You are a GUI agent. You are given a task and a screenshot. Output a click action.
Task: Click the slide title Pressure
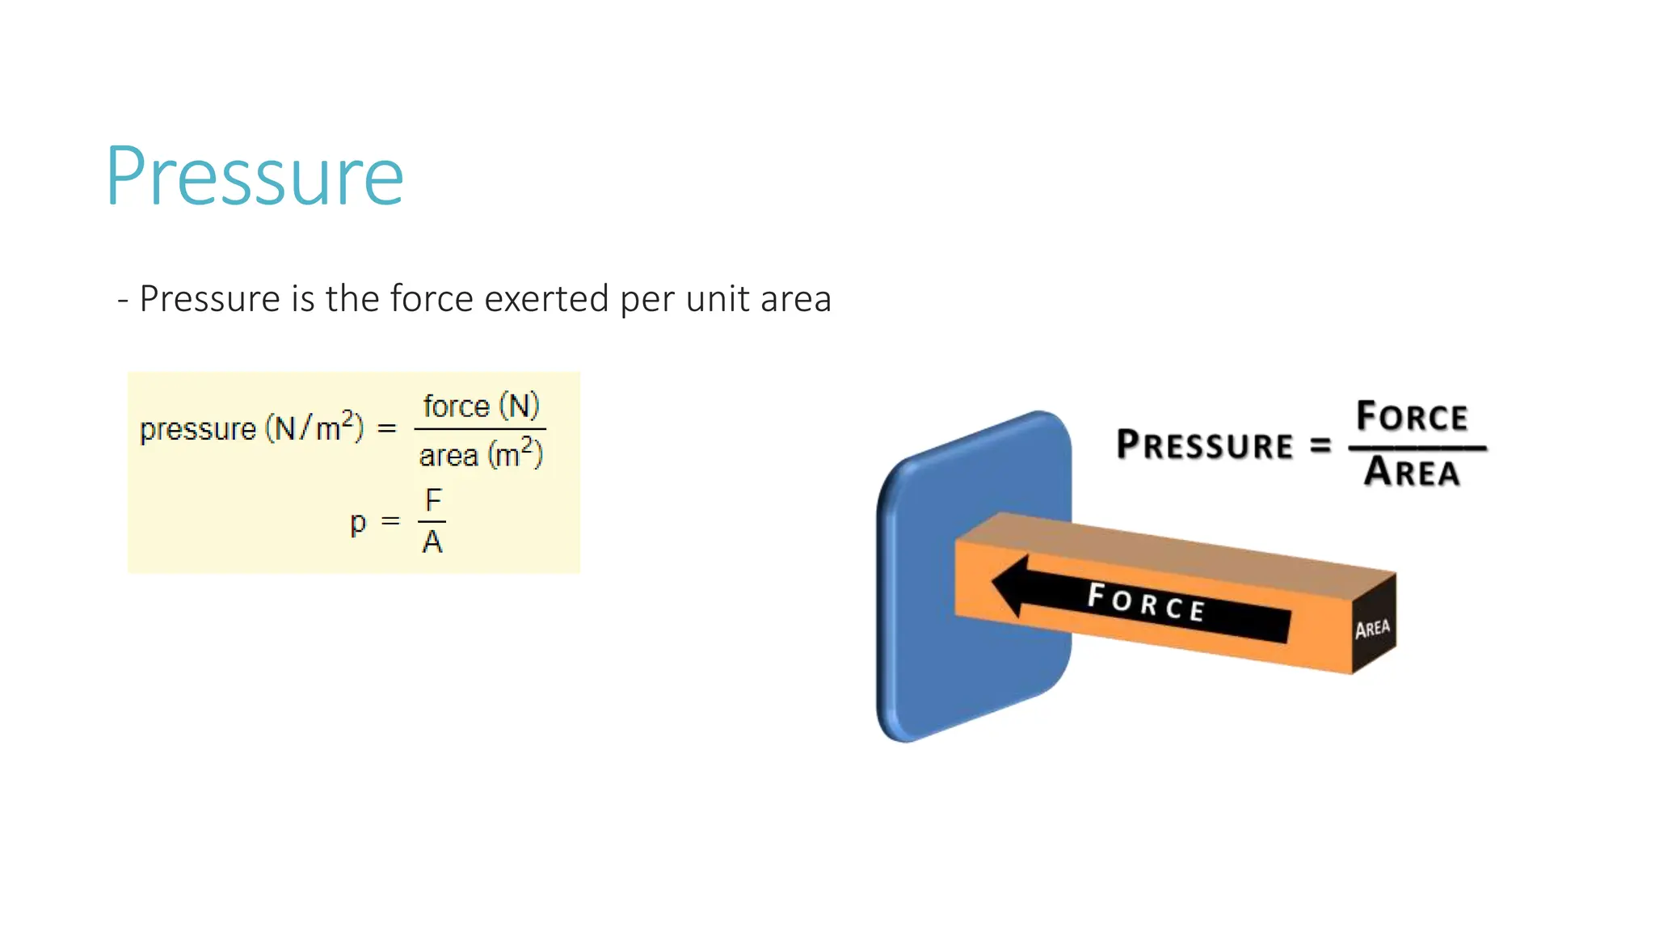click(x=255, y=176)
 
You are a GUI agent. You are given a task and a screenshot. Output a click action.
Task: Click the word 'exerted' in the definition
click(x=546, y=299)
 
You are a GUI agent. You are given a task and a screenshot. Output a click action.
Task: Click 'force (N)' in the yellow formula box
click(x=481, y=406)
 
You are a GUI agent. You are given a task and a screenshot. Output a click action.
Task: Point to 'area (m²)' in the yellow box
click(x=481, y=454)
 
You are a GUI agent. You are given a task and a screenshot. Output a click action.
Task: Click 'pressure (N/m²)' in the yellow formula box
click(x=251, y=428)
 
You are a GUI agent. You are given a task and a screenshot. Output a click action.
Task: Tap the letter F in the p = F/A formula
click(x=434, y=500)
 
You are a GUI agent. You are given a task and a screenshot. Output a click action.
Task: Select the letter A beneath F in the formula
click(x=432, y=542)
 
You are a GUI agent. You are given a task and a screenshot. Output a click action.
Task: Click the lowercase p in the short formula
click(x=358, y=523)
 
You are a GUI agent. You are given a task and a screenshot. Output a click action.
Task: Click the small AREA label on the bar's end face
click(x=1372, y=629)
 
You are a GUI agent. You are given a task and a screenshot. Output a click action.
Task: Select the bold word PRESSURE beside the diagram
click(x=1204, y=445)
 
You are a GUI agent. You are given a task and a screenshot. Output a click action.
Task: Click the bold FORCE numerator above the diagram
click(x=1412, y=417)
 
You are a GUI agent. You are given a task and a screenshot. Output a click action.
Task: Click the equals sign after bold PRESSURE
click(x=1320, y=445)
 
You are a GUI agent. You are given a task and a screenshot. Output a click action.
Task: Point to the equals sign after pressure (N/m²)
click(x=387, y=428)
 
